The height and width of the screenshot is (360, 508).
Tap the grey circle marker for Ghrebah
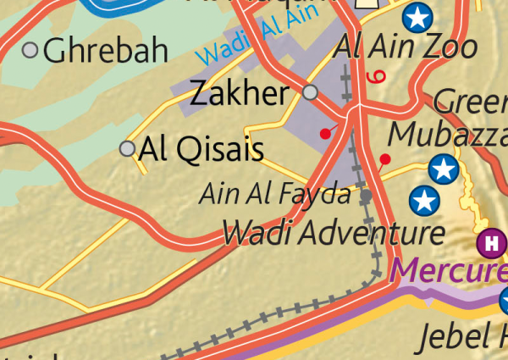30,50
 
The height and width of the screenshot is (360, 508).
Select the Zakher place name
240,93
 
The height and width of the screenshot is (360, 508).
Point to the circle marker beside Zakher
311,91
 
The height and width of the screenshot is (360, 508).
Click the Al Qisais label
201,149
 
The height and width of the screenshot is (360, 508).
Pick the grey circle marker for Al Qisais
128,149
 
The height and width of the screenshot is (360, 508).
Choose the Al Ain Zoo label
406,46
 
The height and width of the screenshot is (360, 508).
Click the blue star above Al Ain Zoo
417,15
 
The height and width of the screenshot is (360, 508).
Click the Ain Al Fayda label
275,195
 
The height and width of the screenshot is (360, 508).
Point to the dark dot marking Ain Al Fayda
366,196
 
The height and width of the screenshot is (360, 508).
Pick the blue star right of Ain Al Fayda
424,201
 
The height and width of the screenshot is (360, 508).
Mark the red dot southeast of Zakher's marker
324,133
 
